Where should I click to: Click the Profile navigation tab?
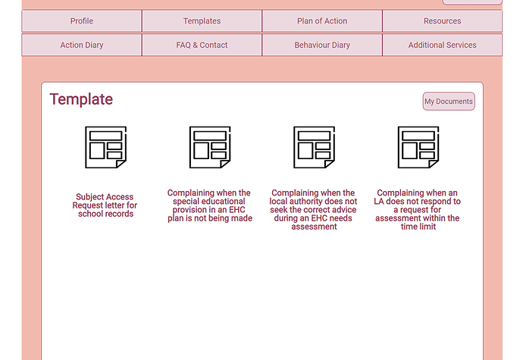(x=82, y=21)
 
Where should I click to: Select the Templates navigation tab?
(x=202, y=21)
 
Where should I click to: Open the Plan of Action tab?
(x=322, y=21)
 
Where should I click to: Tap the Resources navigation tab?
(x=443, y=21)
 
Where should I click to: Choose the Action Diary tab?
(x=82, y=45)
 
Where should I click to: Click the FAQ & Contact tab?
(x=202, y=45)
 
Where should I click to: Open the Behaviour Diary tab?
(x=322, y=45)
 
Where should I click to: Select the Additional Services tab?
(x=443, y=45)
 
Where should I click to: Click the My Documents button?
(x=449, y=102)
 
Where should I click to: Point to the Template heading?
(x=81, y=99)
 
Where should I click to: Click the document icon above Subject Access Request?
(x=105, y=147)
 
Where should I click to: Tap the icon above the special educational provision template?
(x=210, y=147)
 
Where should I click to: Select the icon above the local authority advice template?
(x=315, y=147)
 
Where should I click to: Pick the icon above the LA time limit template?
(x=418, y=147)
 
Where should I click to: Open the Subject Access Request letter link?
(x=105, y=205)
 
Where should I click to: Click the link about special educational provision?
(x=209, y=205)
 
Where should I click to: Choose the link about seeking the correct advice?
(x=314, y=209)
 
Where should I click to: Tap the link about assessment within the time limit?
(x=418, y=209)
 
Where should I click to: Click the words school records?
(x=105, y=214)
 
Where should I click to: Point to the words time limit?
(x=418, y=227)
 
